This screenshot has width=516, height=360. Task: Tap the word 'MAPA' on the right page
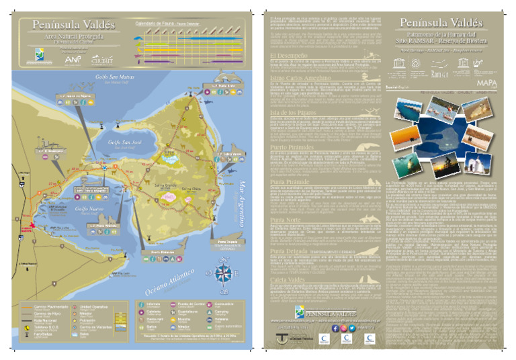coord(486,82)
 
